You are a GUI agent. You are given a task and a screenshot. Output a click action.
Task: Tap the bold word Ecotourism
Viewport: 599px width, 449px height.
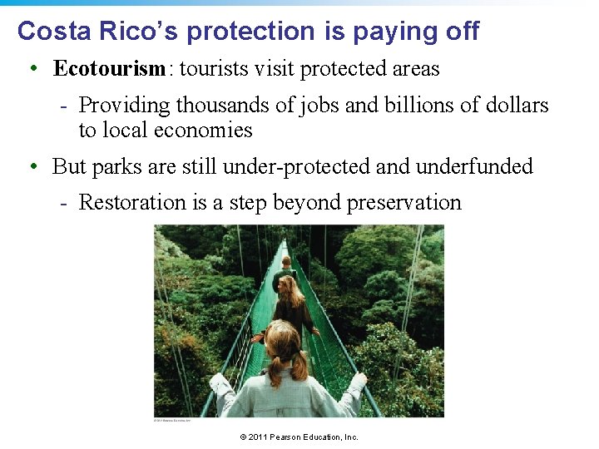tap(110, 68)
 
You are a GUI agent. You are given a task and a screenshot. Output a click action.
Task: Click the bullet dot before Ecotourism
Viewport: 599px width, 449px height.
tap(32, 69)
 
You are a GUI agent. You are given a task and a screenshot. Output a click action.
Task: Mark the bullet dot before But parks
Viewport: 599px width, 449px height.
tap(32, 167)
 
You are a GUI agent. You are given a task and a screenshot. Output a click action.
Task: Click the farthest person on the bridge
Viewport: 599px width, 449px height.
tap(285, 269)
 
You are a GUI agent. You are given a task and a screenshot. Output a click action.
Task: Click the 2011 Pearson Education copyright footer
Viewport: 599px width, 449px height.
tap(299, 437)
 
